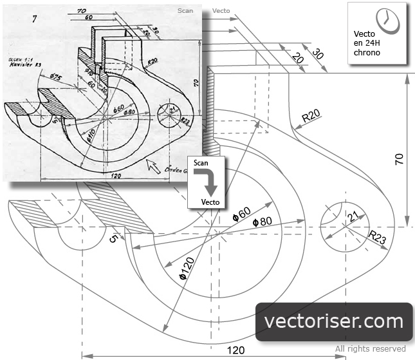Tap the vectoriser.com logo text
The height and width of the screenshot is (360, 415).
click(x=334, y=321)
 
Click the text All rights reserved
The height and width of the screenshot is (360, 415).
click(x=370, y=349)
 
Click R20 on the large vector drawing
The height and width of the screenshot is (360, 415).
click(x=313, y=117)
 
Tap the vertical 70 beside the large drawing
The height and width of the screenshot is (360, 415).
click(x=400, y=159)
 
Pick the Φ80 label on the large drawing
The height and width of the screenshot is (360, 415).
click(x=263, y=221)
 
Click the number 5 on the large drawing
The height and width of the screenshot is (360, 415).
click(x=113, y=239)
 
